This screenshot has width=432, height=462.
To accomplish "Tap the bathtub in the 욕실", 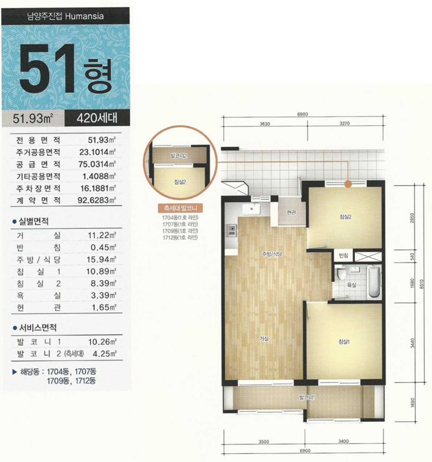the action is (374, 282).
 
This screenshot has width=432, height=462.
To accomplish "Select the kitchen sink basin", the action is (252, 209).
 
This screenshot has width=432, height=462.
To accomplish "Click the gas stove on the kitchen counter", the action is (232, 230).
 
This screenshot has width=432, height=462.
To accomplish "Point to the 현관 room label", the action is (291, 212).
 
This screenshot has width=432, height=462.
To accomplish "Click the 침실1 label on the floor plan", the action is (344, 342).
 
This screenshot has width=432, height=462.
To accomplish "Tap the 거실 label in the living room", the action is (264, 339).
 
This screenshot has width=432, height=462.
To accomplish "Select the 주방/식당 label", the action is (272, 254).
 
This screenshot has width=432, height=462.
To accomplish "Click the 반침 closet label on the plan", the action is (344, 256).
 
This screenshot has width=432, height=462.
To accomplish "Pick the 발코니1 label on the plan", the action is (307, 398).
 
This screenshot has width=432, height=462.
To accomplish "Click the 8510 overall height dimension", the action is (422, 284).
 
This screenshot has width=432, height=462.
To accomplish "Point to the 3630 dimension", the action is (265, 124).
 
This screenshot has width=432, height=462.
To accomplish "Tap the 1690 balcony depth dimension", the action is (412, 402).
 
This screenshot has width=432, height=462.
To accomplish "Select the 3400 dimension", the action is (343, 441).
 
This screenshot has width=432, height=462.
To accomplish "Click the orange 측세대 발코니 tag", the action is (180, 208).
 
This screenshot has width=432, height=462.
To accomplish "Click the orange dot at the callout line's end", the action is (348, 184).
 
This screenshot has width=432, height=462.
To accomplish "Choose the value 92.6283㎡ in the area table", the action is (96, 200).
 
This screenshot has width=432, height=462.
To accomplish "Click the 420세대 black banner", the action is (97, 118).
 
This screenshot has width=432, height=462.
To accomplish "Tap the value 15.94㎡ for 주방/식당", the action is (101, 259).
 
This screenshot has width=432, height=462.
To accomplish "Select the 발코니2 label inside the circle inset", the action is (179, 155).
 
